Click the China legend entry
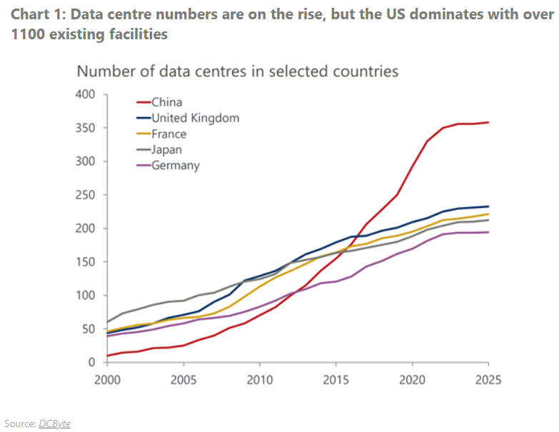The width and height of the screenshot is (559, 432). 166,102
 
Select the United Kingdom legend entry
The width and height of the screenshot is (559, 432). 194,118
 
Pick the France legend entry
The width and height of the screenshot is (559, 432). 168,134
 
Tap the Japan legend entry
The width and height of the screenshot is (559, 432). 166,149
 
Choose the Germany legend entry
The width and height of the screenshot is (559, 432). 175,165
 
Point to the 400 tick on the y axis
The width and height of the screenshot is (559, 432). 86,94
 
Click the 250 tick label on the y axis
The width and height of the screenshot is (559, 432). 86,195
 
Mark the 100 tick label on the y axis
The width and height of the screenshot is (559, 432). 86,296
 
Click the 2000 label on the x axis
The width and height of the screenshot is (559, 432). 107,380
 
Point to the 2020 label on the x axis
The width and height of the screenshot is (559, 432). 413,380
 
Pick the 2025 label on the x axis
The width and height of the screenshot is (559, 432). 488,380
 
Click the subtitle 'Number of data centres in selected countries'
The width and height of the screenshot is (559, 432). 237,71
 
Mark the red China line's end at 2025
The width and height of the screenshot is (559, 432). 488,122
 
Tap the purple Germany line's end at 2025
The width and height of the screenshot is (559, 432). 488,232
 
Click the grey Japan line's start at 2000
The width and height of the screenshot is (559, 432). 108,322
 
